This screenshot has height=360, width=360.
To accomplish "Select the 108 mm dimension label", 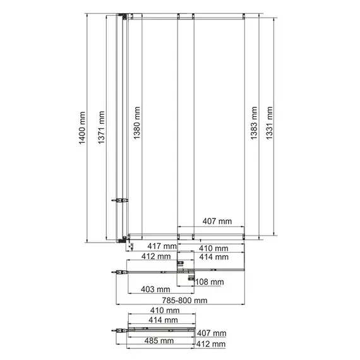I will coord(208,282).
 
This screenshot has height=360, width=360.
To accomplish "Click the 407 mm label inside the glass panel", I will coord(212,221).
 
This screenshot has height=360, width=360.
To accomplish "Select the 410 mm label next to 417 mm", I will coord(212,247).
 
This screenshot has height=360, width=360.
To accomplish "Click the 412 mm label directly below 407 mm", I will coord(211,344).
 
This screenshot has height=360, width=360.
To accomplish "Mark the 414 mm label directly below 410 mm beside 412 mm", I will coord(212,257).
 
